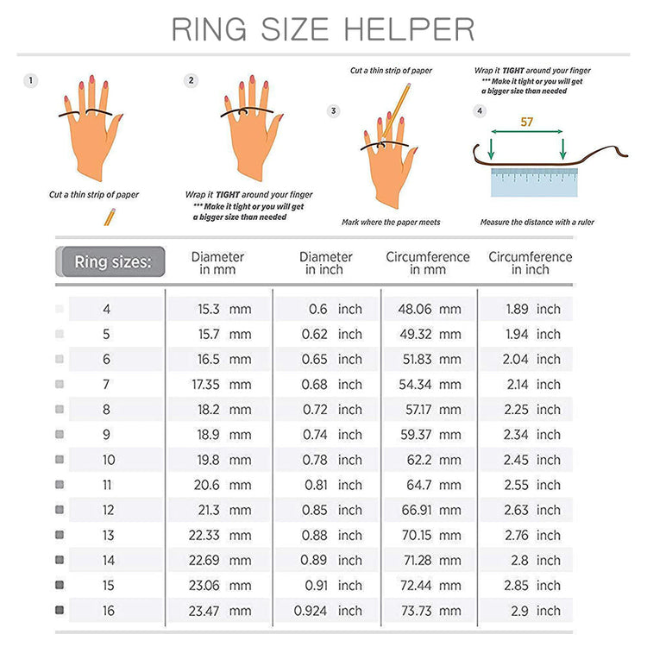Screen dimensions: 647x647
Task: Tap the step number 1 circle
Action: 31,81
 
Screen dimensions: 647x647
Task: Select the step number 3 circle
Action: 335,111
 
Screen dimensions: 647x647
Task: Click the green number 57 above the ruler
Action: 526,122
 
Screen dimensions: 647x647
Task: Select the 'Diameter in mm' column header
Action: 217,263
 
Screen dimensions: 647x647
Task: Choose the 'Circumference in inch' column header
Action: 530,263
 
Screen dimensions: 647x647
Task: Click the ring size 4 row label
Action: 107,309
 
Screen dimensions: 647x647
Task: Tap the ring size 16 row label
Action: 107,611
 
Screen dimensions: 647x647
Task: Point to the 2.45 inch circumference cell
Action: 532,460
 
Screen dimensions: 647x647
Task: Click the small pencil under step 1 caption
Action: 110,216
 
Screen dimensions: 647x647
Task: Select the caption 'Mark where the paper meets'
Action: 391,223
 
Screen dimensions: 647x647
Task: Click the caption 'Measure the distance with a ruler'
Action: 537,223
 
